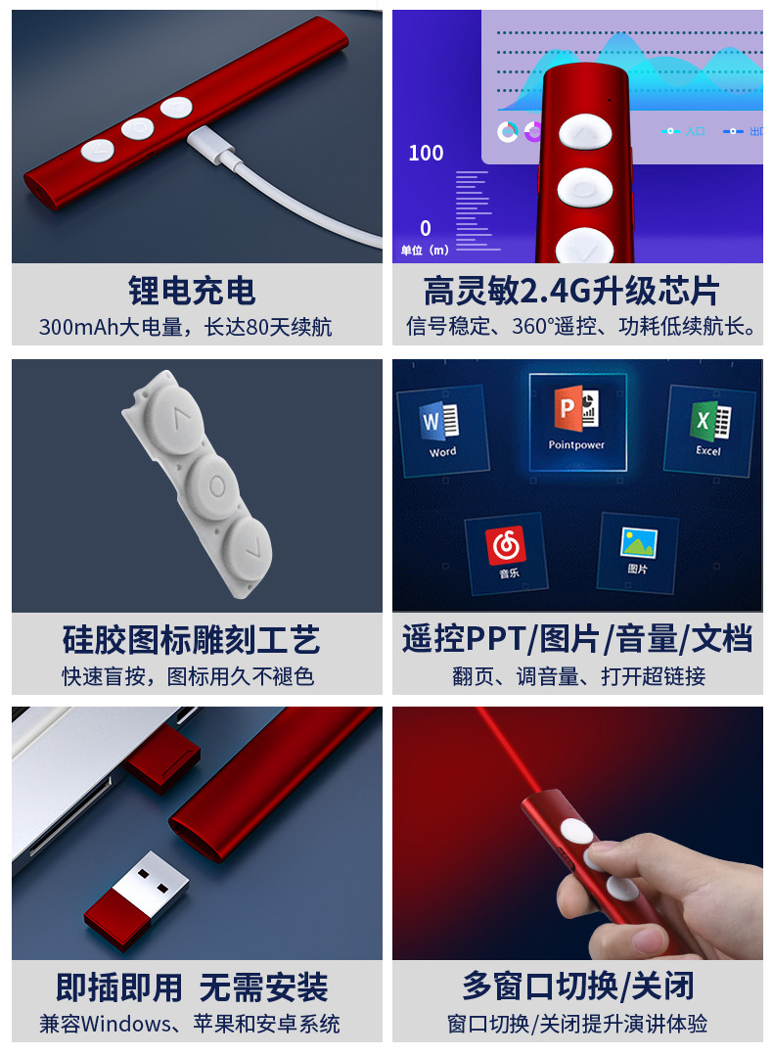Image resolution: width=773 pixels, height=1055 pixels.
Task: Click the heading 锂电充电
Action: point(192,291)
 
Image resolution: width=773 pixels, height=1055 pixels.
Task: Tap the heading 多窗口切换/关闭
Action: point(577,986)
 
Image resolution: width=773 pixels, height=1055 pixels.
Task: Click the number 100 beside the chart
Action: point(426,153)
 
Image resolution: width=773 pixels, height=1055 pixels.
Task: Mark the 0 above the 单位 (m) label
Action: point(426,228)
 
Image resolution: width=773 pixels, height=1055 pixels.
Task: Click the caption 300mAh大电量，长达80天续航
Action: point(186,327)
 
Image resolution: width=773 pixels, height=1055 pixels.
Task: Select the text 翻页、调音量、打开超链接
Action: point(578,675)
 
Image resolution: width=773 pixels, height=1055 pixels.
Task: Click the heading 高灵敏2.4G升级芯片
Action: point(571,291)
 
